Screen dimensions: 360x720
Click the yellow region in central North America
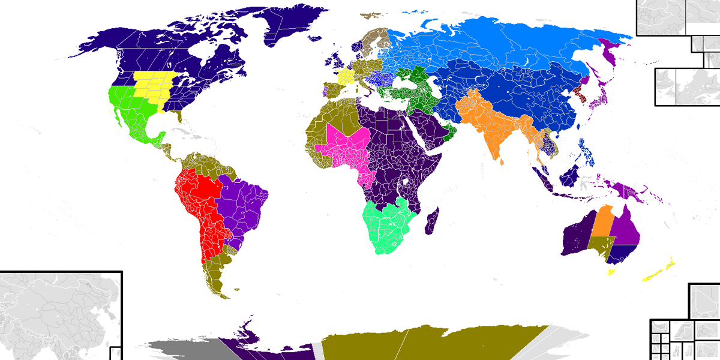click(153, 87)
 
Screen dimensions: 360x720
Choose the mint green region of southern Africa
click(387, 228)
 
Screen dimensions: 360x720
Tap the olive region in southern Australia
click(600, 246)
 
